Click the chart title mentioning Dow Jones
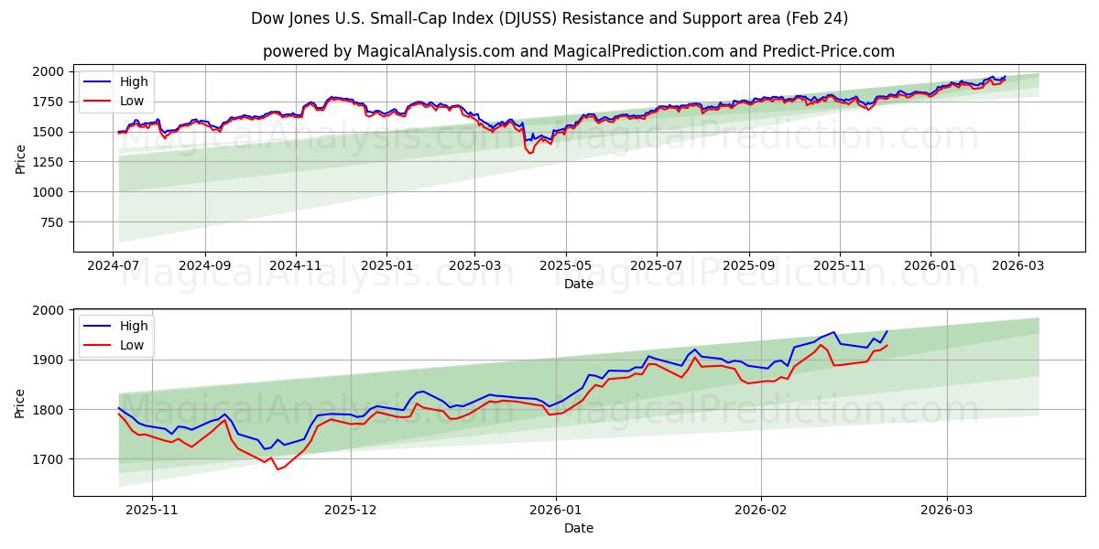click(x=549, y=18)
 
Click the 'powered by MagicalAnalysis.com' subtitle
click(x=578, y=51)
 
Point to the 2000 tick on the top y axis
click(x=49, y=71)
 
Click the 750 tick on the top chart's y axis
click(x=52, y=222)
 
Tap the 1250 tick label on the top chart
click(x=49, y=162)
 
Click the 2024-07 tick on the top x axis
click(x=113, y=266)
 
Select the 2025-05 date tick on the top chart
click(x=565, y=266)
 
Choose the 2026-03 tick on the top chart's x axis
click(x=1018, y=266)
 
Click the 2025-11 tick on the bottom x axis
click(x=151, y=511)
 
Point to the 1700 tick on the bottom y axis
click(x=49, y=459)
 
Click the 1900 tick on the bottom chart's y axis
click(x=49, y=361)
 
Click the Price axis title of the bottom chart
click(x=20, y=403)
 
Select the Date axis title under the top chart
click(x=578, y=284)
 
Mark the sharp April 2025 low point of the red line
click(x=529, y=153)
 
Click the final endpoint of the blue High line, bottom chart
click(x=887, y=331)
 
